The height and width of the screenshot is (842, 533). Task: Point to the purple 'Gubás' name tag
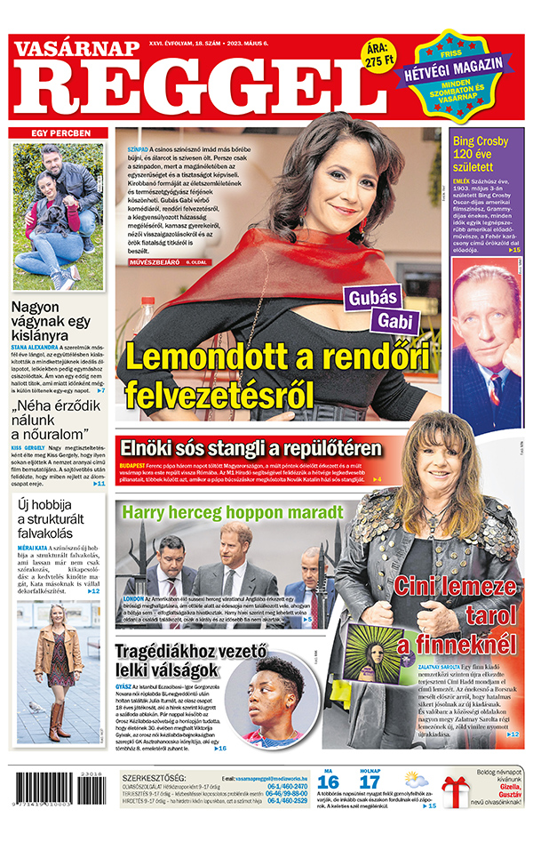(x=372, y=299)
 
